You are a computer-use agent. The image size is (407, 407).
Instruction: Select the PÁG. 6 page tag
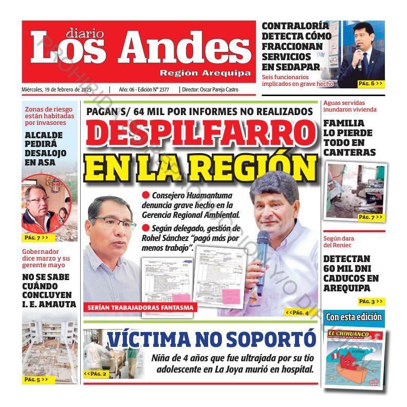(371, 83)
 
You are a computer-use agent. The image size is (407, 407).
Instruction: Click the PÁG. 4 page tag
(297, 312)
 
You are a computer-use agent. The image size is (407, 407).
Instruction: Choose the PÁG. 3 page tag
(371, 302)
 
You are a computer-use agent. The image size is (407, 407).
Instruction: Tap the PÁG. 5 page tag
(36, 380)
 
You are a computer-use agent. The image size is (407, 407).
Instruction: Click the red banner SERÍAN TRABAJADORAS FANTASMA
(140, 307)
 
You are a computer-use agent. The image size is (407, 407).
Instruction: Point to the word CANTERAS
(349, 152)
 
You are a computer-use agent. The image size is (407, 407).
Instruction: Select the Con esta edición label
(354, 317)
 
